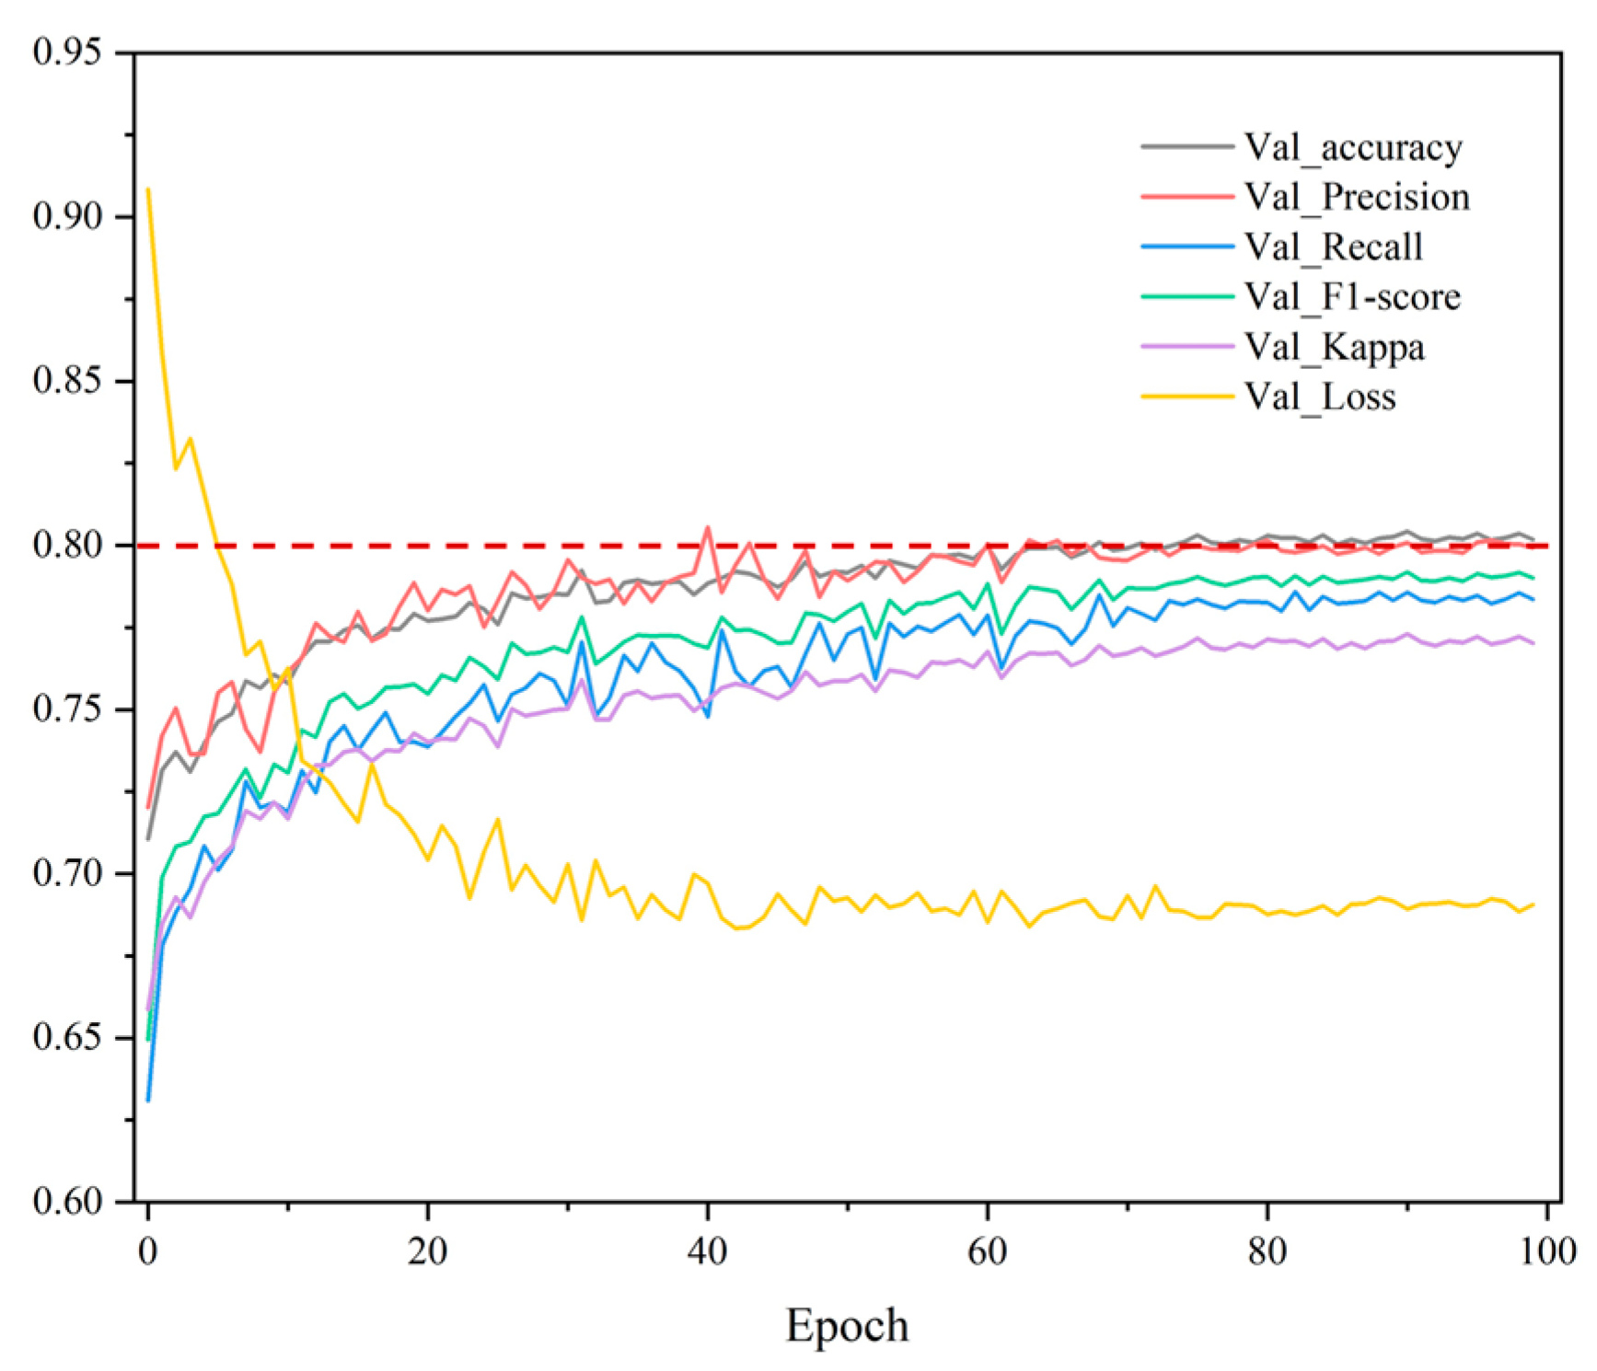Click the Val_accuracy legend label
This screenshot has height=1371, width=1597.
pos(1352,147)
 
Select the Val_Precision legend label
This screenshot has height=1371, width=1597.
pos(1356,197)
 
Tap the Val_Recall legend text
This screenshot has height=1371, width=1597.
pos(1333,247)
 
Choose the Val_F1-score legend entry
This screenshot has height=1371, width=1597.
pos(1351,297)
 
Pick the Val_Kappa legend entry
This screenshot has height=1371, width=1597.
pos(1334,347)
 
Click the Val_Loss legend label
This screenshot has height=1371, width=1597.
pos(1319,397)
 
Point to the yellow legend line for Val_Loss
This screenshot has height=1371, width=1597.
pos(1186,397)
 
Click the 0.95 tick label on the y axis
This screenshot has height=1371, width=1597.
pos(66,52)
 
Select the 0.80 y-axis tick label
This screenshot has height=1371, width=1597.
pos(66,545)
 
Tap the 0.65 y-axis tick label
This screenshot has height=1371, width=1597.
pos(66,1037)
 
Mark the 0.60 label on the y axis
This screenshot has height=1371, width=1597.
pos(66,1201)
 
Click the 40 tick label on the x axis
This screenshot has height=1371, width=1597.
pos(707,1251)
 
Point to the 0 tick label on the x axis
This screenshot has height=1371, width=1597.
pos(147,1251)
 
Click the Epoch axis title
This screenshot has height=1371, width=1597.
pos(847,1326)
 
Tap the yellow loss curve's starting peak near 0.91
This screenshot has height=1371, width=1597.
pos(148,190)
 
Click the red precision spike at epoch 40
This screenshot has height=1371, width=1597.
pos(707,527)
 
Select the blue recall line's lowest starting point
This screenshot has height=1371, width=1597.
pos(148,1100)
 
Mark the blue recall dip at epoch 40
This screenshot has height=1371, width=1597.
pos(708,716)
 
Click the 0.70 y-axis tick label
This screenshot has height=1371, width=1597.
pos(66,872)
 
